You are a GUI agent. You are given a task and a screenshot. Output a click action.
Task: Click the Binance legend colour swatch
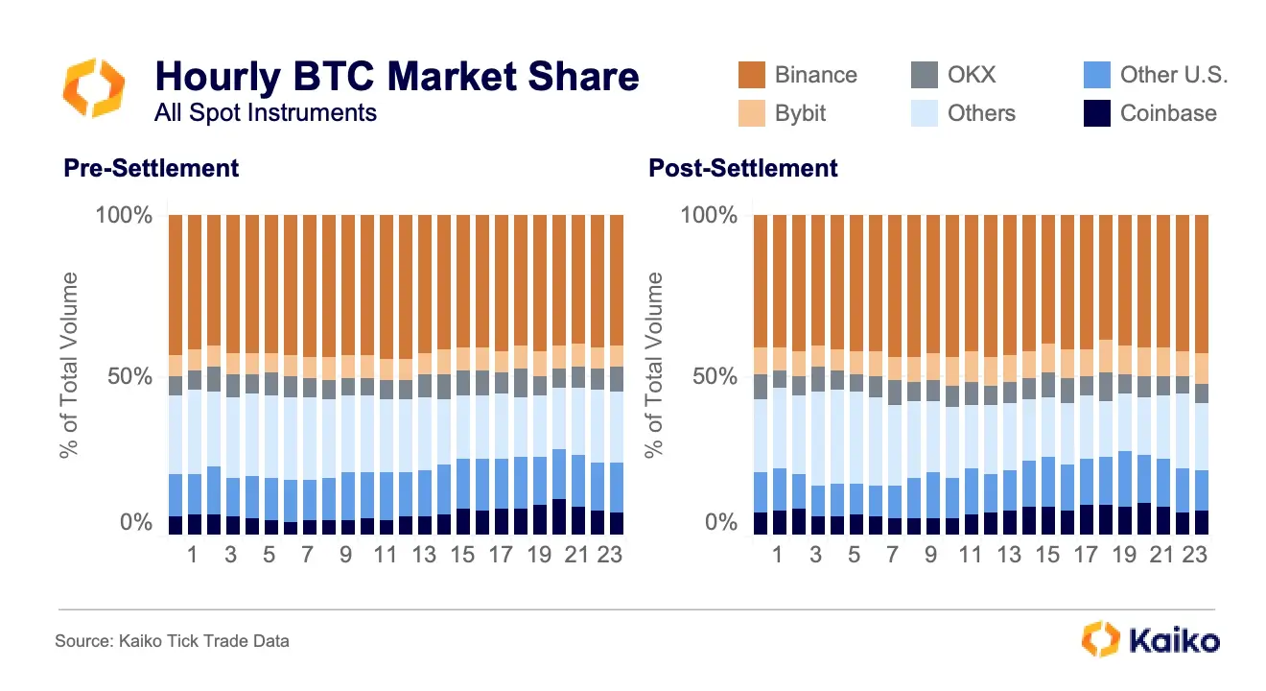752,75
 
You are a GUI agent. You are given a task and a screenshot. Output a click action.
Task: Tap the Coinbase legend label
1167,113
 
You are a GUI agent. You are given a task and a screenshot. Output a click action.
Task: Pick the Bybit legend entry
800,113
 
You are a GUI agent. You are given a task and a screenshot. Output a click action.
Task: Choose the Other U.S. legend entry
1173,75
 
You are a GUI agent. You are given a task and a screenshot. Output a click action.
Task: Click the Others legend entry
980,113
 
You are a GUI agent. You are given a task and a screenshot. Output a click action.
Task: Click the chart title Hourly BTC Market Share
396,76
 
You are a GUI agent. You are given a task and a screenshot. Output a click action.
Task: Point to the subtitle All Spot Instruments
265,112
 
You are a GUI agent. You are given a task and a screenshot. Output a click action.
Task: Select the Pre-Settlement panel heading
151,168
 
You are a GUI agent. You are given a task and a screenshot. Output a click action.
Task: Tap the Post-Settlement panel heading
743,168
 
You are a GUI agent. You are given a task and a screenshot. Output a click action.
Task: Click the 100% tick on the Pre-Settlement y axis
124,215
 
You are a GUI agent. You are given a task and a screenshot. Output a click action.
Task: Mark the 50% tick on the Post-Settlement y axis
715,375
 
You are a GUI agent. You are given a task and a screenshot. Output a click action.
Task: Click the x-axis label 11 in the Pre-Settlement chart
385,555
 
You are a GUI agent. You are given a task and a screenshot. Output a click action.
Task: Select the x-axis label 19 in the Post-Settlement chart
1123,555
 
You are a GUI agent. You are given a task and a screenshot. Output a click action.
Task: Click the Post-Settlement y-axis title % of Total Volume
656,365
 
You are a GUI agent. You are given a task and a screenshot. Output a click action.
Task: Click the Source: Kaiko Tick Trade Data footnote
172,640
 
